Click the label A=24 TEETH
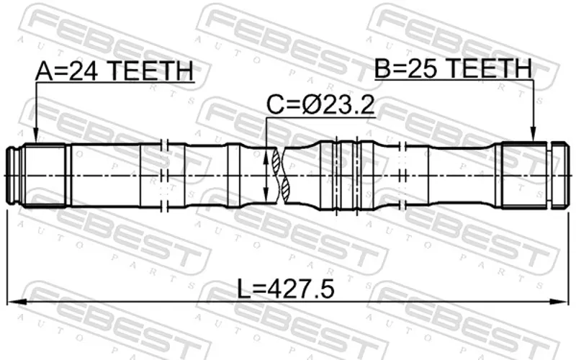[x=114, y=71]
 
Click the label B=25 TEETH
[x=453, y=68]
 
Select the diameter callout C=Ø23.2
[x=320, y=105]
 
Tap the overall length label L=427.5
[x=286, y=289]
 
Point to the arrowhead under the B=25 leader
[x=533, y=134]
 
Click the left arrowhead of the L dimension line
[x=15, y=302]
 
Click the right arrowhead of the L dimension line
[x=561, y=302]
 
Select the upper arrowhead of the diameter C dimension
[x=266, y=156]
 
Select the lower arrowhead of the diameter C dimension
[x=266, y=194]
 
